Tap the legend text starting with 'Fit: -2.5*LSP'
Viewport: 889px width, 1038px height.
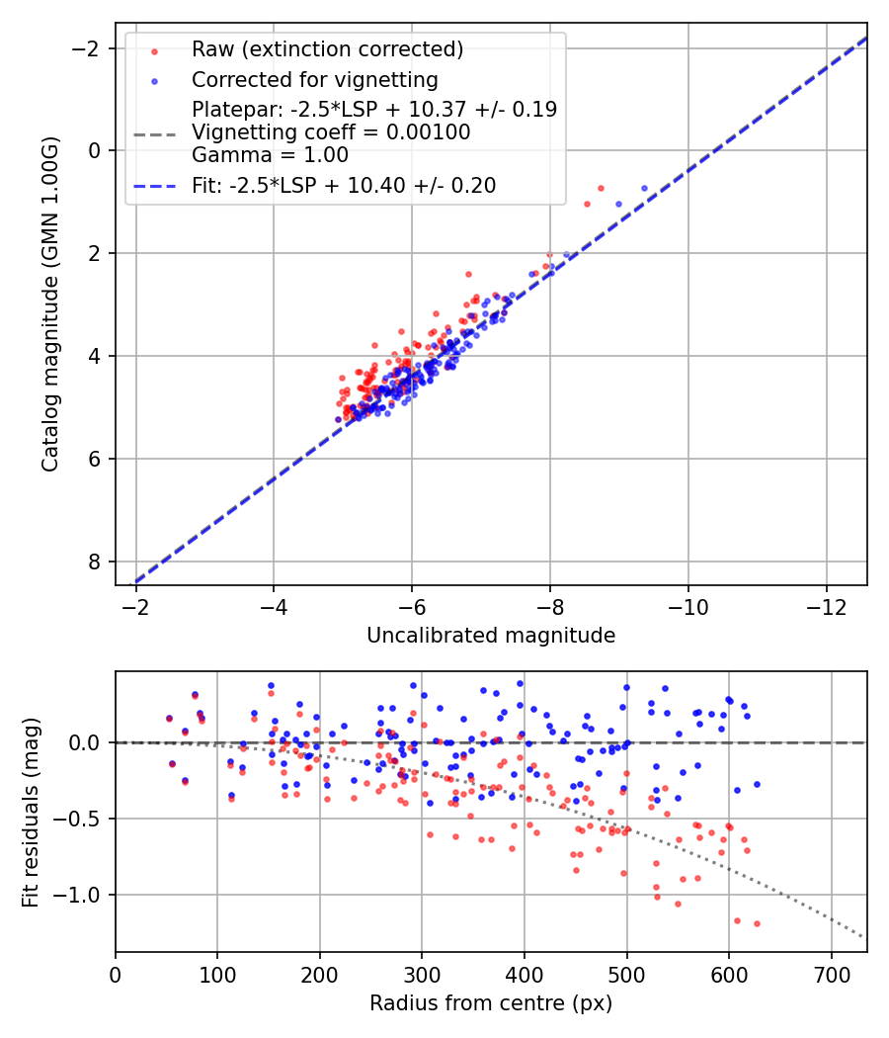click(344, 185)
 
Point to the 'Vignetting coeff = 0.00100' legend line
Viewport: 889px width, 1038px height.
click(331, 131)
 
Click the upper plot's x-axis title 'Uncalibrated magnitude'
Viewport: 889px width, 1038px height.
click(491, 636)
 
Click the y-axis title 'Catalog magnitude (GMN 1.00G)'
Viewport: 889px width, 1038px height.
click(50, 303)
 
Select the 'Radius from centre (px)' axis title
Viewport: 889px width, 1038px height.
click(491, 1003)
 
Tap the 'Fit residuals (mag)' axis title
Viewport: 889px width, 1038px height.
click(31, 811)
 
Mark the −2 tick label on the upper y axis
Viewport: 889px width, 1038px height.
click(91, 47)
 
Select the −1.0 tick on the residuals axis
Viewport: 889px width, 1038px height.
click(85, 895)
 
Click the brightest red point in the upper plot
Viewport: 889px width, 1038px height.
click(601, 188)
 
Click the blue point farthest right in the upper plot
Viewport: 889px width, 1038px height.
click(645, 188)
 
